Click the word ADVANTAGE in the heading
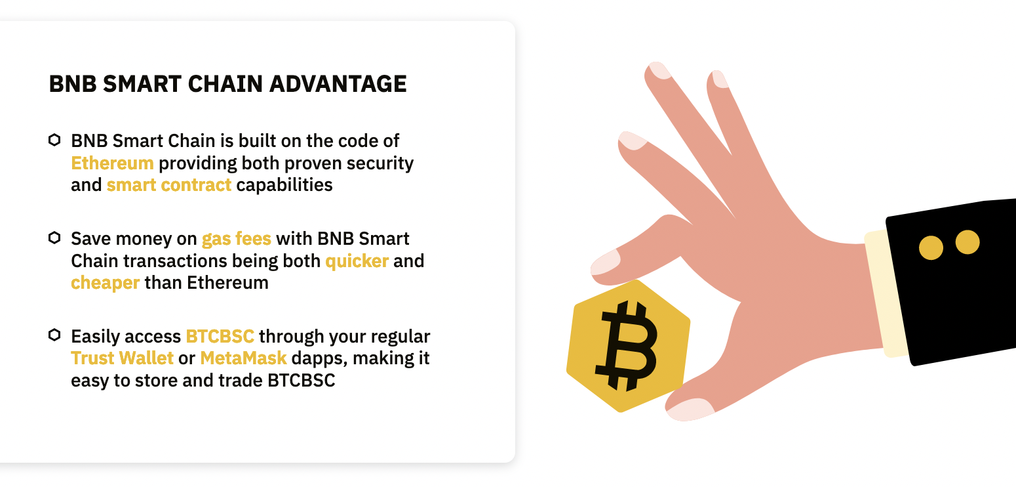[338, 84]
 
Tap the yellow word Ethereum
[113, 163]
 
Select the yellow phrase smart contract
[169, 185]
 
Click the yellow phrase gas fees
[237, 239]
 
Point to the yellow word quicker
[357, 261]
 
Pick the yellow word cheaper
[106, 283]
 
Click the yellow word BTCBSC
[220, 337]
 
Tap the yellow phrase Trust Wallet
[123, 358]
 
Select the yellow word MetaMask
[244, 358]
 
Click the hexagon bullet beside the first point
[54, 140]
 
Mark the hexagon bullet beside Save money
[54, 238]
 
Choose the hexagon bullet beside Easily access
[54, 335]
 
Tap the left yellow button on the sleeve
[931, 247]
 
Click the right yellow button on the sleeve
[967, 242]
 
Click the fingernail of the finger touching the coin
[606, 262]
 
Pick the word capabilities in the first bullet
[284, 185]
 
